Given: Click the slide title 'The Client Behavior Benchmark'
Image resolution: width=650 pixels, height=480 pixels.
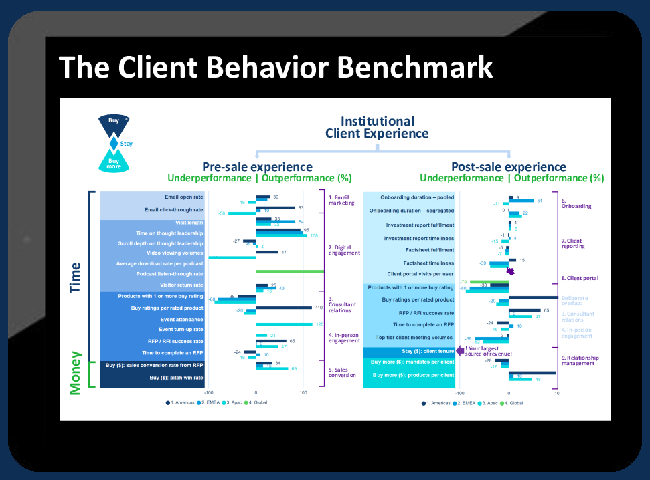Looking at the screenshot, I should click(x=275, y=67).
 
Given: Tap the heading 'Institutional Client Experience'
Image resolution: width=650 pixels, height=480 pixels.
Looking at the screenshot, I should click(x=377, y=127).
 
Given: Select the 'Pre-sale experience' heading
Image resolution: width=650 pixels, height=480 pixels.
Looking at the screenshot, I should click(x=257, y=166).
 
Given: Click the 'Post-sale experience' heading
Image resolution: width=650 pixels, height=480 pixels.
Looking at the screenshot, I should click(x=509, y=166).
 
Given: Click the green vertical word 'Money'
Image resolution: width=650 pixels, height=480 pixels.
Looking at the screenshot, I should click(x=75, y=374).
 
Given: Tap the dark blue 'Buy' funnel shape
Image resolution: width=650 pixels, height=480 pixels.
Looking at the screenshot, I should click(x=114, y=122).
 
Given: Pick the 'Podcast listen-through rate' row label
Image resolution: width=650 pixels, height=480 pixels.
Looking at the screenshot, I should click(x=169, y=274).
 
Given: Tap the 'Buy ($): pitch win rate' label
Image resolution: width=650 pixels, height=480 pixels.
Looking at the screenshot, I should click(x=176, y=378).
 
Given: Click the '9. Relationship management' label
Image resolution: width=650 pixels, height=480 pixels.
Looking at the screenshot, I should click(x=580, y=361).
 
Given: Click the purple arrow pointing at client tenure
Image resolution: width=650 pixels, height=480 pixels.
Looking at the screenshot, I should click(x=461, y=350).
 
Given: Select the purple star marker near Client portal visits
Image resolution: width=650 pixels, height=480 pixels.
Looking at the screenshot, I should click(x=511, y=271).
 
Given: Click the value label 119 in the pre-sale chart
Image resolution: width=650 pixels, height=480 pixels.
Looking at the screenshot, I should click(x=318, y=308).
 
